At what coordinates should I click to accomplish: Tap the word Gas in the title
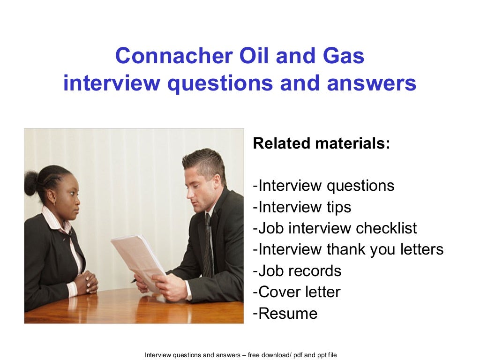click(345, 57)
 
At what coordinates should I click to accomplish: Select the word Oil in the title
click(256, 57)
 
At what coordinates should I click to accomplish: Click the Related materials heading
click(321, 143)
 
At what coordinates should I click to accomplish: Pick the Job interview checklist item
click(335, 228)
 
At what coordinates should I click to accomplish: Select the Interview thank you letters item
click(348, 250)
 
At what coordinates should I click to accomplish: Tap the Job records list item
click(297, 271)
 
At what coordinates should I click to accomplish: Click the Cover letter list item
click(297, 292)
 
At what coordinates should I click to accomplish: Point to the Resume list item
click(285, 313)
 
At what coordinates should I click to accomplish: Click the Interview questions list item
click(324, 186)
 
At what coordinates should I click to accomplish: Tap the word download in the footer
click(270, 355)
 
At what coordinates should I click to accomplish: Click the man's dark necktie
click(207, 244)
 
